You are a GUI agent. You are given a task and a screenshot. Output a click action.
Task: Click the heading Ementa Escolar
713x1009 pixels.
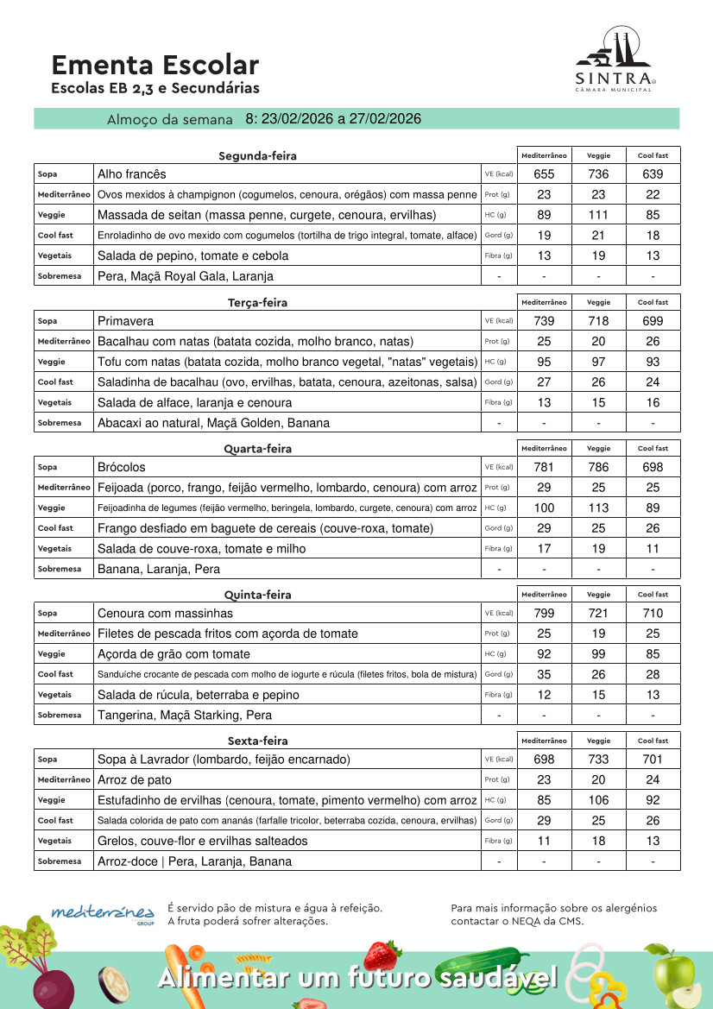[155, 65]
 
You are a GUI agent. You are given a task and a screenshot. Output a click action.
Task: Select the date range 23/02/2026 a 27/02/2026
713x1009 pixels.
[333, 119]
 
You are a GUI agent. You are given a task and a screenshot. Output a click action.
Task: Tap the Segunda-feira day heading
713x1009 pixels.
[257, 156]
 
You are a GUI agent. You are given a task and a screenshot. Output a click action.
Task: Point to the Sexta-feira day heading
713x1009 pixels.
[257, 741]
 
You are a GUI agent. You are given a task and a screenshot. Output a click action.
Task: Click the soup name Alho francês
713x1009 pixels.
[132, 174]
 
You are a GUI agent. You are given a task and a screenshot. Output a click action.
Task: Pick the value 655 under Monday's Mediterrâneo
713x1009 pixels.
[544, 174]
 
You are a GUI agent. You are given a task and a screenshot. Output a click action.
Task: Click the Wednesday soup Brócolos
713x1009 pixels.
[122, 467]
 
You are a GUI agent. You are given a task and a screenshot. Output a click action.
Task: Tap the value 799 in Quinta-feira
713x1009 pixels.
[544, 614]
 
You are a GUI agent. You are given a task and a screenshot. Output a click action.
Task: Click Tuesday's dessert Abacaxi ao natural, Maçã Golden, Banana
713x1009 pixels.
[213, 423]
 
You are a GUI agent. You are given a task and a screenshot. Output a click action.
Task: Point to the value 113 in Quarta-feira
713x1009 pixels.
[598, 508]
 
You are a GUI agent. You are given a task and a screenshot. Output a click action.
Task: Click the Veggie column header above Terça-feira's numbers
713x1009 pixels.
[598, 302]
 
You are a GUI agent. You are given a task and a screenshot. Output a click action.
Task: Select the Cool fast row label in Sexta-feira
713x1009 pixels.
[55, 821]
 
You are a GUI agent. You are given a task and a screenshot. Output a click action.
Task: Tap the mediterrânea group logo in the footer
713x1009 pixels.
[104, 913]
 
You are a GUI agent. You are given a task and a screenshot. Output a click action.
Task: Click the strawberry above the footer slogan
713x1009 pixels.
[382, 954]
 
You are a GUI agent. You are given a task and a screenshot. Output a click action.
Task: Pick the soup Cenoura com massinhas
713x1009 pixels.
[165, 614]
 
